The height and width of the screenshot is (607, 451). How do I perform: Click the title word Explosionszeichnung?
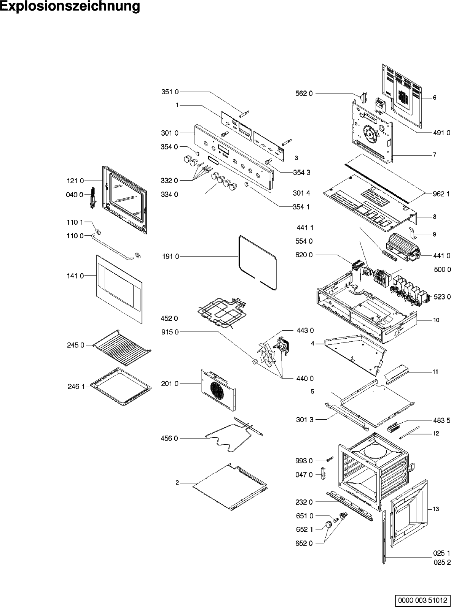click(x=70, y=7)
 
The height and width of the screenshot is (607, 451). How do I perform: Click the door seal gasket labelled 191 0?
click(x=257, y=262)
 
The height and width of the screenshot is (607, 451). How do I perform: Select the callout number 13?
click(x=436, y=509)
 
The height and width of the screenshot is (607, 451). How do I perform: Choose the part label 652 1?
click(x=305, y=529)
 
